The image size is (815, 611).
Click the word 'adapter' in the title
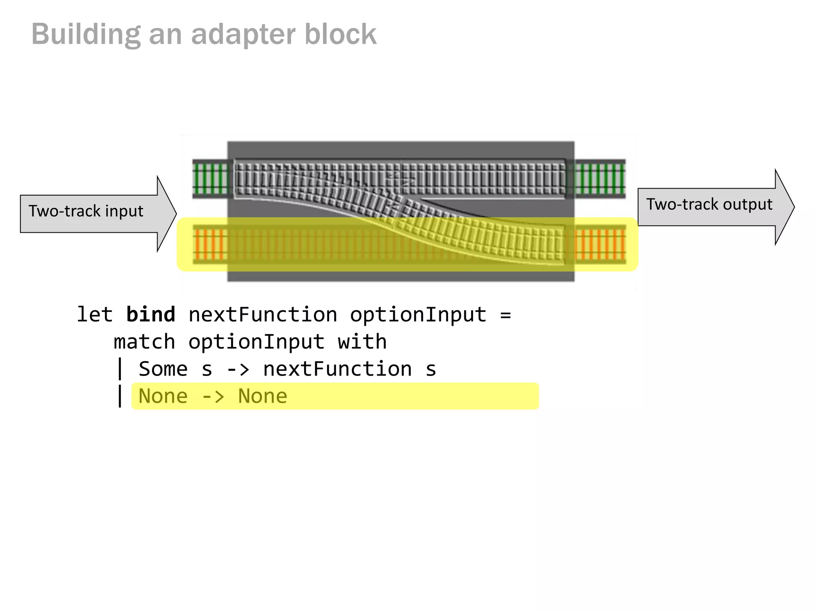(244, 35)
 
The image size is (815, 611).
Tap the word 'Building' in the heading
(86, 35)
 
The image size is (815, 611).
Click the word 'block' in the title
(340, 35)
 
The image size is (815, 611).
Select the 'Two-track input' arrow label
(86, 211)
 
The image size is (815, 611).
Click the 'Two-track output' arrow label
(709, 204)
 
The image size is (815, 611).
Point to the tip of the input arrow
(175, 214)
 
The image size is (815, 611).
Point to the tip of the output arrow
(794, 207)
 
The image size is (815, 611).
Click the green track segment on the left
(211, 179)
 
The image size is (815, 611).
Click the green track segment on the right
(600, 179)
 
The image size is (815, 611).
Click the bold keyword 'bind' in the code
(150, 315)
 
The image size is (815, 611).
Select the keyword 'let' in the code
(95, 315)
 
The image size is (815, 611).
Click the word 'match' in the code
(144, 342)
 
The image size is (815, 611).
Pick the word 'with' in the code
(362, 342)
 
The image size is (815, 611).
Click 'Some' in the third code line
(163, 369)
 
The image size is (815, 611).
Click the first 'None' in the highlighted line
(163, 396)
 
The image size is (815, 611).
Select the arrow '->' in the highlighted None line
(213, 397)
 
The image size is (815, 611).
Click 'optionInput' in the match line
(256, 342)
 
